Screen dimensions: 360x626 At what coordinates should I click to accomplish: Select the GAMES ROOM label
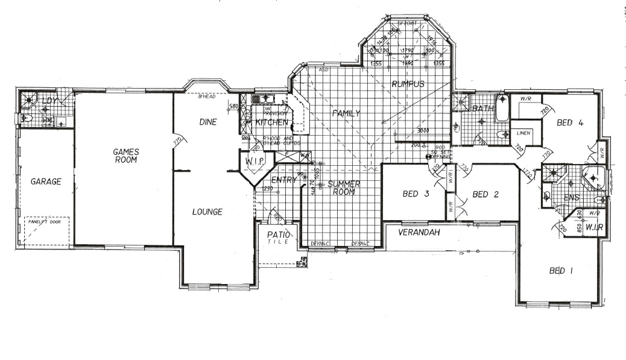126,156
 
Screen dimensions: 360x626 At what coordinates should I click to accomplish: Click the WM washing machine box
47,121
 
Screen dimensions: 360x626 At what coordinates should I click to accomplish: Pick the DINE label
207,122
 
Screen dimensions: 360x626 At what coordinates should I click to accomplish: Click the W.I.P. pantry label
256,161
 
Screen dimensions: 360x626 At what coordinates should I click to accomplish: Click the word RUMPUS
409,84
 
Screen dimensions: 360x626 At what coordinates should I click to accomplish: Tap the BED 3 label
415,194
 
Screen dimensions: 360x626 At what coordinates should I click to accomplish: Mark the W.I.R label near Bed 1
590,226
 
